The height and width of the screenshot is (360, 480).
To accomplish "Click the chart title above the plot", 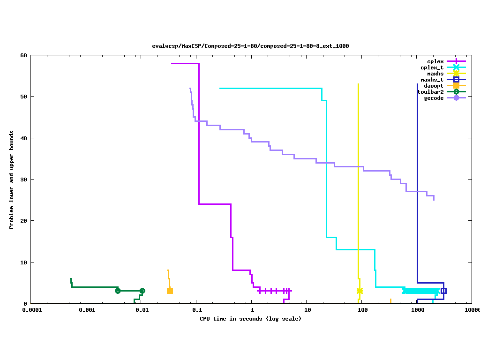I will [x=250, y=46].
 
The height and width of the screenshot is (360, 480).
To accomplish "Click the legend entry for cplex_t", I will [x=432, y=67].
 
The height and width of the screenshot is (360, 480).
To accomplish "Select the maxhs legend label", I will [x=435, y=74].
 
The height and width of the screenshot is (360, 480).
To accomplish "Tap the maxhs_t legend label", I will [x=432, y=80].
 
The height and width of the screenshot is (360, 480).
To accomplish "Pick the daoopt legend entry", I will [x=433, y=86].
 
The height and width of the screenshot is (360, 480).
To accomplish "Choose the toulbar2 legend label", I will [x=430, y=92].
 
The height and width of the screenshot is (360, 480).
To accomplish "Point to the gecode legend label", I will [x=433, y=98].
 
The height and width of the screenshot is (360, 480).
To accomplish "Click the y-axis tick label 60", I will [x=23, y=55].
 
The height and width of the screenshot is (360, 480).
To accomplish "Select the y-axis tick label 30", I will [x=23, y=180].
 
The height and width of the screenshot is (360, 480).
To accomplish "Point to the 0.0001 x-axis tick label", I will [x=31, y=310].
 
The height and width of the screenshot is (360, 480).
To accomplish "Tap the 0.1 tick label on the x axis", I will [x=197, y=310].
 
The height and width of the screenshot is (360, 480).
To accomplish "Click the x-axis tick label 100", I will [x=362, y=310].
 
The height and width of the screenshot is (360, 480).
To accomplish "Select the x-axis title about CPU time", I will [x=250, y=319].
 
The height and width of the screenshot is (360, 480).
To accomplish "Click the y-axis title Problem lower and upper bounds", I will [x=12, y=180].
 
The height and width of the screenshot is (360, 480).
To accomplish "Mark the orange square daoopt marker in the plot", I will [x=170, y=291].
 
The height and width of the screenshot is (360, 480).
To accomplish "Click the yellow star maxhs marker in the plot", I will [x=360, y=291].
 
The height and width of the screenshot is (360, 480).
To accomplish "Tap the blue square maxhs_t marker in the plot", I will [x=443, y=291].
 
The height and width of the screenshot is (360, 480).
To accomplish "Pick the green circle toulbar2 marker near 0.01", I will [x=142, y=291].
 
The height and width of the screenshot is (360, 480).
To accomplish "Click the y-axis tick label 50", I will [x=23, y=97].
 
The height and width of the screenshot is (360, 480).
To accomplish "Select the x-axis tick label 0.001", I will [x=87, y=310].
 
